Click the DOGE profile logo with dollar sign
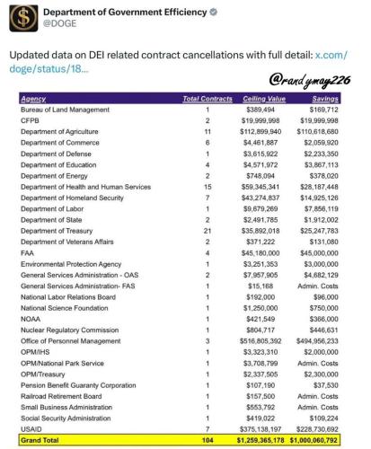coord(20,21)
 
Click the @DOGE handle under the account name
coord(60,27)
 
